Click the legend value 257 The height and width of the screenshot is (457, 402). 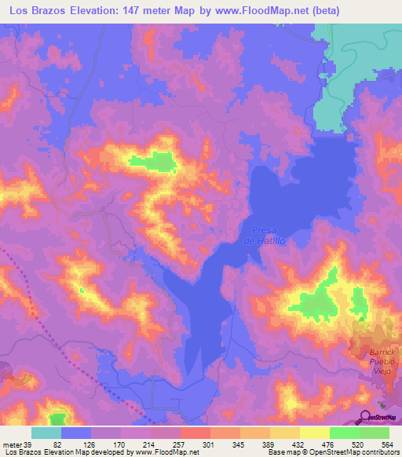(178, 445)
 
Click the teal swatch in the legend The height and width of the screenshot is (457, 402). (46, 433)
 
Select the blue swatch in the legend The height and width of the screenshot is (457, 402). (76, 433)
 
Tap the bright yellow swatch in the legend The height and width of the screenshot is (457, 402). (314, 433)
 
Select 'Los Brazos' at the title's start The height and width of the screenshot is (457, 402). (34, 10)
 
